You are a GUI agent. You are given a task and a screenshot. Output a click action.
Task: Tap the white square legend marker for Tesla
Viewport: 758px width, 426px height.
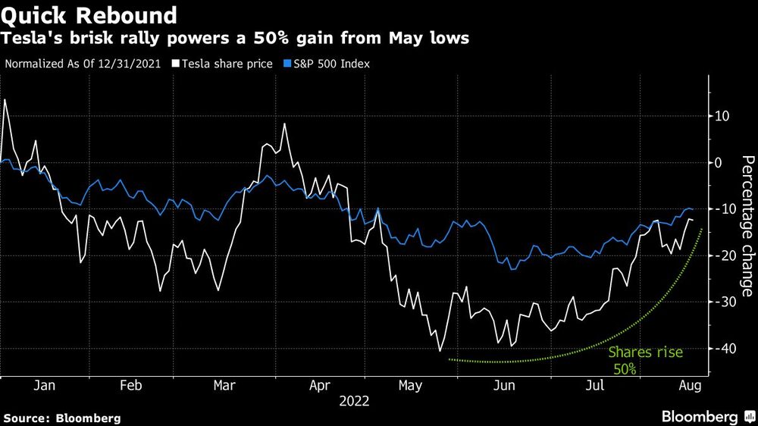(x=175, y=64)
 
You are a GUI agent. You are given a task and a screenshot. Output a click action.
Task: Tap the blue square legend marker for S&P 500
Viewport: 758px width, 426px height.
(x=287, y=64)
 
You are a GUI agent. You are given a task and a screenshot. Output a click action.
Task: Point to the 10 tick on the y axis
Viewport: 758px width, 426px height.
(x=721, y=116)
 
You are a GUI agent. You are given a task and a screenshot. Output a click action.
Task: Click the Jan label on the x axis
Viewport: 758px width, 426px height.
(x=45, y=385)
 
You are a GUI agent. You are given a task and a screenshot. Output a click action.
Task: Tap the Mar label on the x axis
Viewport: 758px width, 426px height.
(x=224, y=385)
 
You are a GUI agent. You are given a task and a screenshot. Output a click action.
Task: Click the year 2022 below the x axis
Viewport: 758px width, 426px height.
(x=353, y=401)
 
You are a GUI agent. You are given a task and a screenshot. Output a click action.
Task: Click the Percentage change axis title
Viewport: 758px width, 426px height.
(x=747, y=226)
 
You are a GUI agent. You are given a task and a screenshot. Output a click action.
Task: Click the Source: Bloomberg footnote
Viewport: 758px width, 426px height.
(x=62, y=418)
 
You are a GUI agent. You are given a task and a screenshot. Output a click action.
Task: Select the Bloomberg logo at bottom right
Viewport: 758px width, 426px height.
(x=701, y=417)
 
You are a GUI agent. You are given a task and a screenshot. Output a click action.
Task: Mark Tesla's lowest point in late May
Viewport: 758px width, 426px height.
(x=439, y=351)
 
